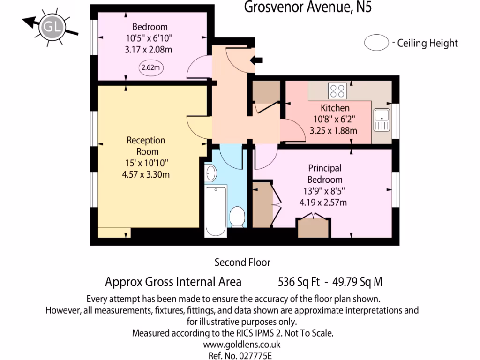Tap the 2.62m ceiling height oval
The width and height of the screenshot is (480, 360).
pos(150,67)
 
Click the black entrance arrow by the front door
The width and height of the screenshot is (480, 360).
pos(257,60)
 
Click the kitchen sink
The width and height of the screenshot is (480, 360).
pos(382,120)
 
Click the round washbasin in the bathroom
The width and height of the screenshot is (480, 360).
pos(211,173)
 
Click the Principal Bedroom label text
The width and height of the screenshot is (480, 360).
pos(324,173)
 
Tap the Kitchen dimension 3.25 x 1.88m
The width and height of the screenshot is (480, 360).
pos(333,131)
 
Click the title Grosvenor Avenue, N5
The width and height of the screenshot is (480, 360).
pos(308,7)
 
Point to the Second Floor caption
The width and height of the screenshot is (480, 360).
pos(242,262)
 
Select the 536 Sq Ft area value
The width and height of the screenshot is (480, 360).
pos(299,282)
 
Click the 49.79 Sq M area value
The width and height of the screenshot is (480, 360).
pos(357,282)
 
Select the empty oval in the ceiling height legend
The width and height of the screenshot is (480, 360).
pos(376,44)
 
